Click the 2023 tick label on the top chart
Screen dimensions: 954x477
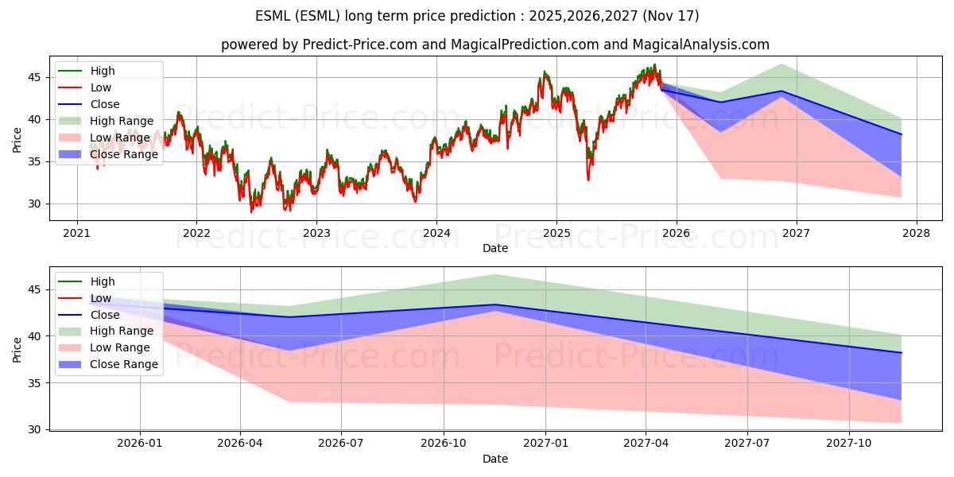pos(316,234)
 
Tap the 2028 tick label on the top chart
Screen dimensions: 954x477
pos(917,234)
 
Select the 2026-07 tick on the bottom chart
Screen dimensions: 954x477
pos(341,444)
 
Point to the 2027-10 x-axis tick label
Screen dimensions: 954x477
pos(849,444)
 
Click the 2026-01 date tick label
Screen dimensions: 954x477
pos(140,444)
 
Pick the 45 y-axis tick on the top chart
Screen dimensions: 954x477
pos(34,78)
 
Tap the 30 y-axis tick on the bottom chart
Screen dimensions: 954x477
pos(34,429)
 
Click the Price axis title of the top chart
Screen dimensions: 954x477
pos(17,140)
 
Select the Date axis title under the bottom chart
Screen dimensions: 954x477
pos(494,460)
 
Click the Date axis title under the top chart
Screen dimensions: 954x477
pos(494,248)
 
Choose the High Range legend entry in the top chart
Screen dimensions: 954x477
pos(106,121)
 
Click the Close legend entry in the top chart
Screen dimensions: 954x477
pos(88,104)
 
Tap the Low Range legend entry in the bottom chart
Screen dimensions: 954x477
pos(104,347)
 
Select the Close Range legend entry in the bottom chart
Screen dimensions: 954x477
pos(108,364)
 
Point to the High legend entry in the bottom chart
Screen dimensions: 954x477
pos(87,281)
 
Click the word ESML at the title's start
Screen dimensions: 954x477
pos(273,16)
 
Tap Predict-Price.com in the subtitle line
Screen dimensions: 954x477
pos(360,45)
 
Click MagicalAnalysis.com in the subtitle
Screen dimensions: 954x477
pos(700,45)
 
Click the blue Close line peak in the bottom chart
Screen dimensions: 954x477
pos(494,304)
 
